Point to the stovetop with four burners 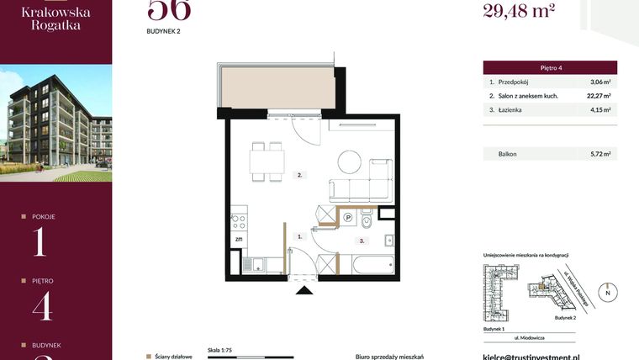pyautogui.click(x=239, y=223)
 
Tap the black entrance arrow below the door pyautogui.click(x=304, y=291)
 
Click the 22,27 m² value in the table pyautogui.click(x=596, y=96)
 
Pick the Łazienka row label pyautogui.click(x=512, y=109)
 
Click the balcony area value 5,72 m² pyautogui.click(x=599, y=154)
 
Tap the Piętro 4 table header pyautogui.click(x=550, y=67)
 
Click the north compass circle pyautogui.click(x=608, y=292)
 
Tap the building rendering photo pyautogui.click(x=55, y=123)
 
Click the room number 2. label pyautogui.click(x=298, y=176)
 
